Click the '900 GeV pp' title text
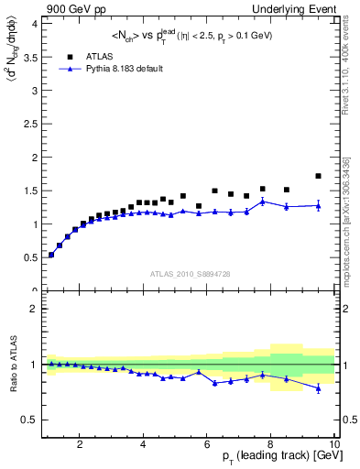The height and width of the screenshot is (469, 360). coord(70,8)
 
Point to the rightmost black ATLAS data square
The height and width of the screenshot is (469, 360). coord(318,176)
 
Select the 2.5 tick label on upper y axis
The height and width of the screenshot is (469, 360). coord(28,124)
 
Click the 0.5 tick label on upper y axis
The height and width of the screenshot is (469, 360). coord(28,257)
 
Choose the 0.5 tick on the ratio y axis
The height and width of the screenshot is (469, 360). coord(28,420)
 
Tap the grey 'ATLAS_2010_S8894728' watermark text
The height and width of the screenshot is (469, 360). coord(189,273)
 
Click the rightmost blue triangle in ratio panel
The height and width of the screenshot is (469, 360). coord(318,387)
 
